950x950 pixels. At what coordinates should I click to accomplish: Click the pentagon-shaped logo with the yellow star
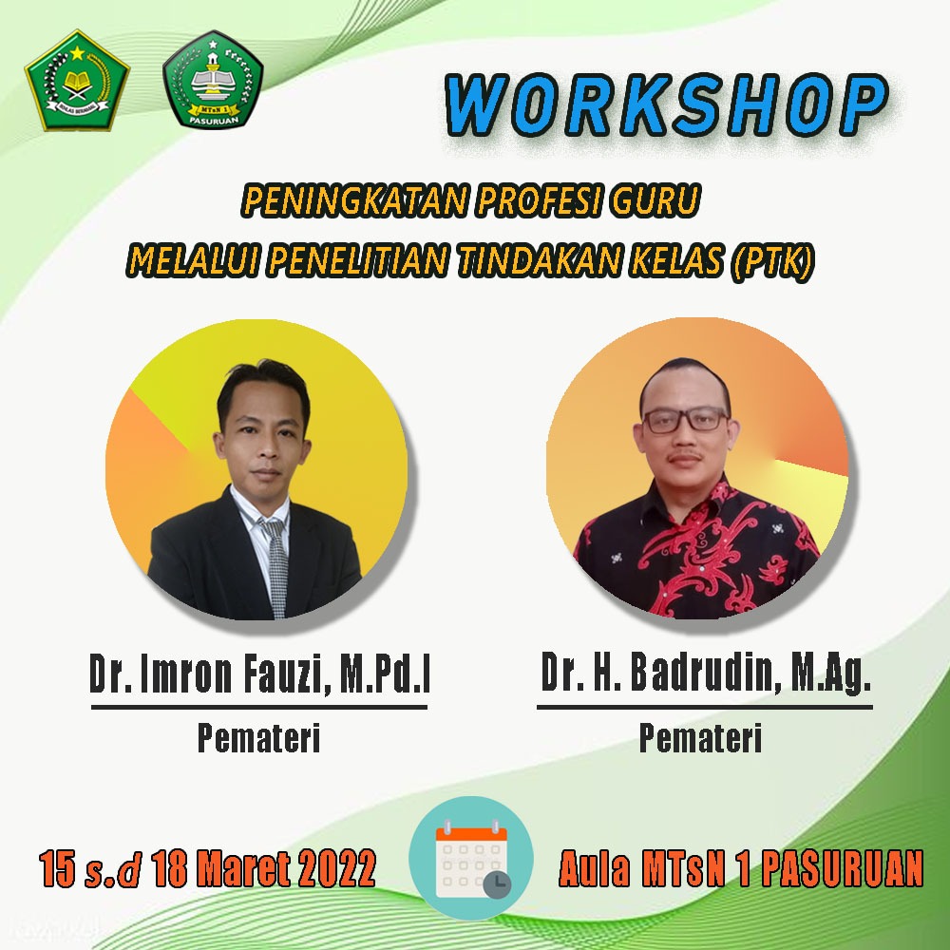coord(77,81)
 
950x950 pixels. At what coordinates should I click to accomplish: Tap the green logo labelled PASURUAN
coord(213,80)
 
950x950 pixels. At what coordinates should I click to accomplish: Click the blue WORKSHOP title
coord(667,105)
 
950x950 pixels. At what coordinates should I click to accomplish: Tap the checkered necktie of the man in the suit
coord(275,567)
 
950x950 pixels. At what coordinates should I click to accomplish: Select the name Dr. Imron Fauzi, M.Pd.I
coord(259,674)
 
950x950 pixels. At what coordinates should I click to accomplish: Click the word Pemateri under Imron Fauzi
coord(258,737)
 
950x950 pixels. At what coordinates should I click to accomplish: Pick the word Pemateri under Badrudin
coord(700,737)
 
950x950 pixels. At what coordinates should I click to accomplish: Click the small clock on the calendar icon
coord(497,884)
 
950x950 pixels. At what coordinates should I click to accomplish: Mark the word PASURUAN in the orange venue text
coord(842,868)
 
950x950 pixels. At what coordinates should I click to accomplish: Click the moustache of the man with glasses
coord(685,454)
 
